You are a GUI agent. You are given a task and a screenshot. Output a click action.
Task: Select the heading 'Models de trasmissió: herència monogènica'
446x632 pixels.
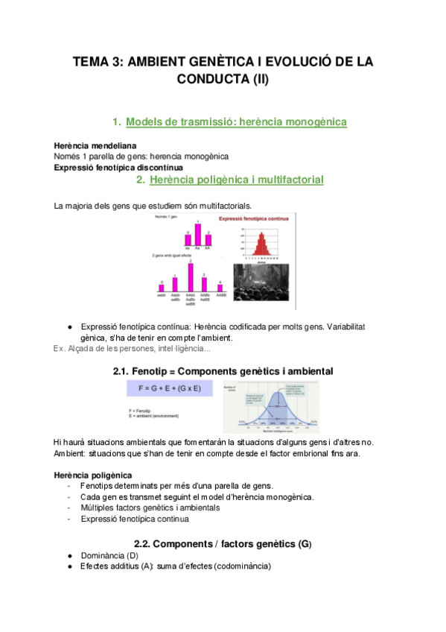(x=236, y=121)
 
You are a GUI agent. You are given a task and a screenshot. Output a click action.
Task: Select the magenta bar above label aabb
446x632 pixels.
(x=161, y=287)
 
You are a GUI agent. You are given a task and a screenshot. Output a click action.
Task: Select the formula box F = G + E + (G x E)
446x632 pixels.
(x=170, y=388)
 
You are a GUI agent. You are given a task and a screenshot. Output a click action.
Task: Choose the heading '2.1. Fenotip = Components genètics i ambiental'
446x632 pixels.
(x=223, y=370)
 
